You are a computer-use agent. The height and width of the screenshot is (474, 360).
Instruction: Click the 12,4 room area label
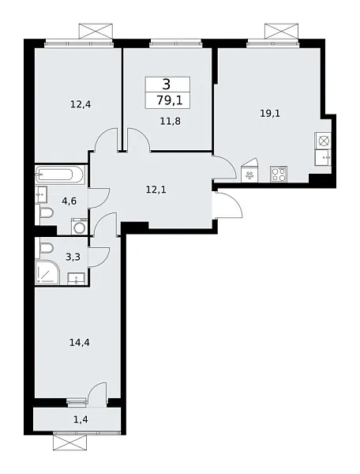[x=81, y=104]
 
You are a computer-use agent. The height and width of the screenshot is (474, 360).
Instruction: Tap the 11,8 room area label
[x=171, y=122]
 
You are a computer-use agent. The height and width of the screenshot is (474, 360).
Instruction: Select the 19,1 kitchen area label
[x=270, y=114]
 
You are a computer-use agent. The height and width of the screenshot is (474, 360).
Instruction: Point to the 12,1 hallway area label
[x=156, y=190]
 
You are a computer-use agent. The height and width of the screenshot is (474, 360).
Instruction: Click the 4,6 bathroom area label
[x=69, y=201]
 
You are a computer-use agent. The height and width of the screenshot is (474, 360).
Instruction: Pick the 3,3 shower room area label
[x=73, y=258]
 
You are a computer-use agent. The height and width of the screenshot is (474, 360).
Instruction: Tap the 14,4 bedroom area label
[x=80, y=343]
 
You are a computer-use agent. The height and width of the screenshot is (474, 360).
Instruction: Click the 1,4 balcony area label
[x=81, y=419]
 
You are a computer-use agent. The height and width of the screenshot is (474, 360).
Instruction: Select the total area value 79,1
[x=170, y=100]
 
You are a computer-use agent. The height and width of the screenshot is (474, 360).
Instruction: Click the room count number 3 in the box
[x=167, y=85]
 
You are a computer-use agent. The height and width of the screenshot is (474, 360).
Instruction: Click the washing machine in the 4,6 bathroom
[x=79, y=226]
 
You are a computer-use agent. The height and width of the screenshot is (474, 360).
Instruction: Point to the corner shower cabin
[x=47, y=272]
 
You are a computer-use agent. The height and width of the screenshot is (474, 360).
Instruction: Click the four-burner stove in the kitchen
[x=279, y=174]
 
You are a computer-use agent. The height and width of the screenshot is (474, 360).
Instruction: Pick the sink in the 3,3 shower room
[x=76, y=278]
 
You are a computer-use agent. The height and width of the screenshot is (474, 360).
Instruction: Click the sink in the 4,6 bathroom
[x=41, y=194]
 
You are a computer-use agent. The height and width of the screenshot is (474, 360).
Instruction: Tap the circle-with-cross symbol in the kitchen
[x=323, y=141]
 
